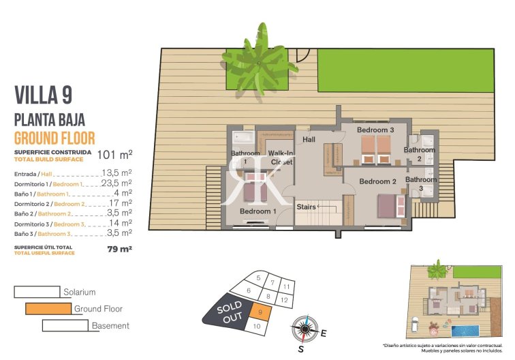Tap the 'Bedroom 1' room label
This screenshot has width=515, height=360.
pos(257,211)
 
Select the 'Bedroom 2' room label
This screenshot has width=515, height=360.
pos(377,181)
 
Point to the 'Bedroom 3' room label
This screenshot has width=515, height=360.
pos(375,130)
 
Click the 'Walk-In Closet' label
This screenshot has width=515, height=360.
pos(281,157)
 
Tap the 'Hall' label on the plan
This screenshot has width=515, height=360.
pos(309,139)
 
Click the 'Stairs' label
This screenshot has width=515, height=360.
pos(306,206)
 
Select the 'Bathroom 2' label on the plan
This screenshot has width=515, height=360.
pos(419,153)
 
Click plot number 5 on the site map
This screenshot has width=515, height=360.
pos(257,277)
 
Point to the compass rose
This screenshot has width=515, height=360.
pos(303,330)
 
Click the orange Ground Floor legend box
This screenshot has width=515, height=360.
pos(48,309)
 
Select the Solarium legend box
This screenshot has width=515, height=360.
pos(37,292)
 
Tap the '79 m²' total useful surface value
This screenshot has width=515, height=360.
pos(120,250)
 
